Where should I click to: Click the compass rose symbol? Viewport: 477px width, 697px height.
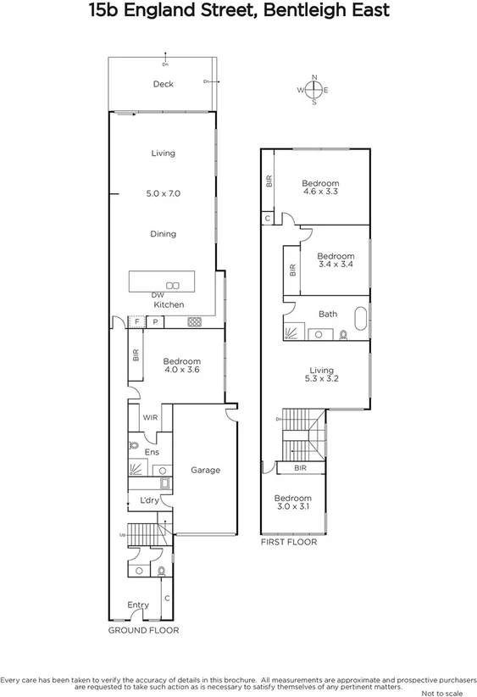(314, 90)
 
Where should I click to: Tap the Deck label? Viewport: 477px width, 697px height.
(163, 84)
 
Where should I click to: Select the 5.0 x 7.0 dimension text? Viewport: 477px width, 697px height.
(163, 194)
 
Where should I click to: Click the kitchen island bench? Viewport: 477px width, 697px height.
(161, 281)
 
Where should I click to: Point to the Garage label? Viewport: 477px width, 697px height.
(205, 470)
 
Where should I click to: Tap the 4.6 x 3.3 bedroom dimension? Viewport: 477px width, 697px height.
(320, 192)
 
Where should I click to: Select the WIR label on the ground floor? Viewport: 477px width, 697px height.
(150, 418)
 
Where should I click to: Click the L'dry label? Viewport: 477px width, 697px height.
(149, 501)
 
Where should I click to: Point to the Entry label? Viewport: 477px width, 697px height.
(138, 605)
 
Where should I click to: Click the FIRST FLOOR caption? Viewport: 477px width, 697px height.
(288, 542)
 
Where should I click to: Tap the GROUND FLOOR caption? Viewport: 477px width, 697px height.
(143, 631)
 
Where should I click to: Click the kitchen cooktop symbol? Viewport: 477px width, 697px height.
(193, 321)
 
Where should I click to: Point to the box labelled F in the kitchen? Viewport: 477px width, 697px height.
(136, 321)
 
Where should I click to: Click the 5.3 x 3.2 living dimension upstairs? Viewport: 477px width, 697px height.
(322, 379)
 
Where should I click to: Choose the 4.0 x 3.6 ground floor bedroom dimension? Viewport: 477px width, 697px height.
(180, 370)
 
